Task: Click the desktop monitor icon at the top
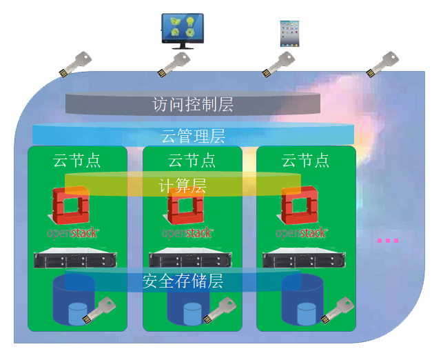pyautogui.click(x=183, y=31)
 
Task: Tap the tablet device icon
pyautogui.click(x=289, y=33)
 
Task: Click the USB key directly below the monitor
pyautogui.click(x=174, y=65)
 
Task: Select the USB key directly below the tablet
pyautogui.click(x=278, y=65)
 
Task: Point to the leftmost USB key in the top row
pyautogui.click(x=75, y=65)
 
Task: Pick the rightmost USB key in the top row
pyautogui.click(x=382, y=65)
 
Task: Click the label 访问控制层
pyautogui.click(x=193, y=104)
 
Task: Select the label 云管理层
pyautogui.click(x=193, y=136)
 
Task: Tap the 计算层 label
pyautogui.click(x=182, y=186)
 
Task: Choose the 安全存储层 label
pyautogui.click(x=183, y=281)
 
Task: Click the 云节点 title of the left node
pyautogui.click(x=76, y=161)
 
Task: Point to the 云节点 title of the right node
pyautogui.click(x=305, y=161)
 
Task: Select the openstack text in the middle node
pyautogui.click(x=187, y=233)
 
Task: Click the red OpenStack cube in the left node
pyautogui.click(x=70, y=205)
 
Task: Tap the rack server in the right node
pyautogui.click(x=304, y=258)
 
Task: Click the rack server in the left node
pyautogui.click(x=75, y=258)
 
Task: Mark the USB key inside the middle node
pyautogui.click(x=220, y=310)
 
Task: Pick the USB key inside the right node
pyautogui.click(x=338, y=310)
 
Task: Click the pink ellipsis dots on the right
pyautogui.click(x=388, y=241)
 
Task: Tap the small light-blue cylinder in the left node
pyautogui.click(x=78, y=314)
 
